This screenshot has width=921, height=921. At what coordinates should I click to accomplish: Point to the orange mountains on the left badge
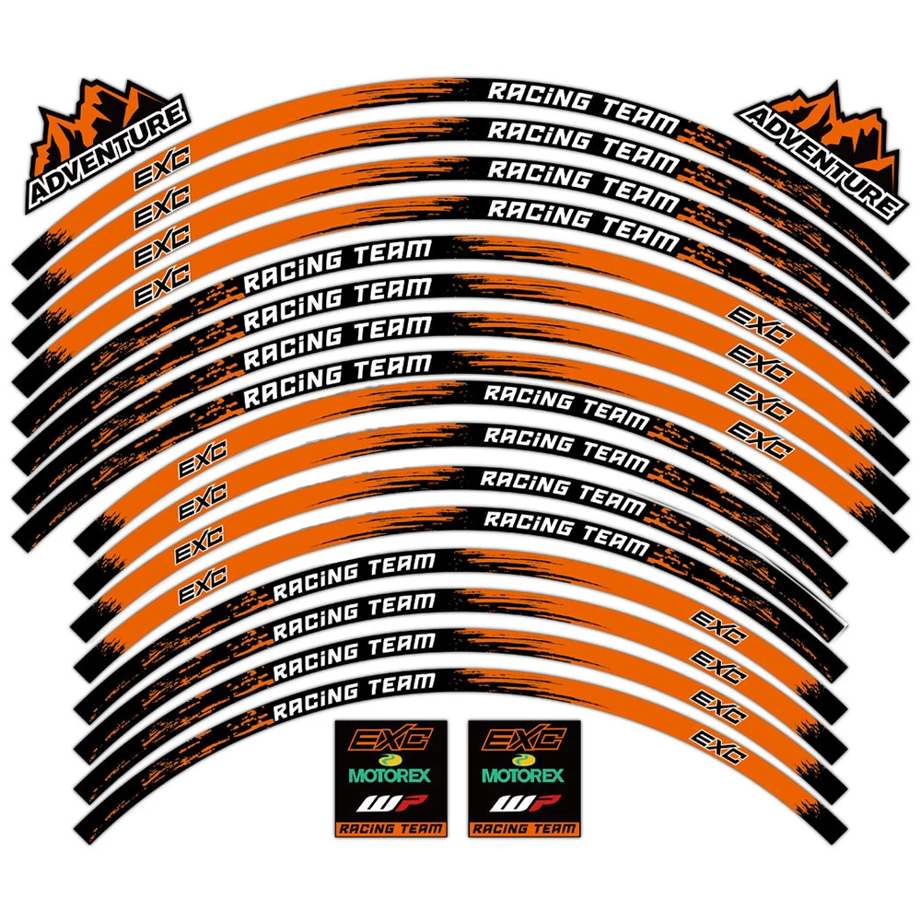coord(92,115)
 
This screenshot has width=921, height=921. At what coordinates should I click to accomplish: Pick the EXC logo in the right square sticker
coord(523,740)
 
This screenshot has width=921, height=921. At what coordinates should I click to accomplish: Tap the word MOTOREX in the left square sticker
coord(391,775)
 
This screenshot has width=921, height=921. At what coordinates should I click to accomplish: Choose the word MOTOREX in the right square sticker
coord(523,775)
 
